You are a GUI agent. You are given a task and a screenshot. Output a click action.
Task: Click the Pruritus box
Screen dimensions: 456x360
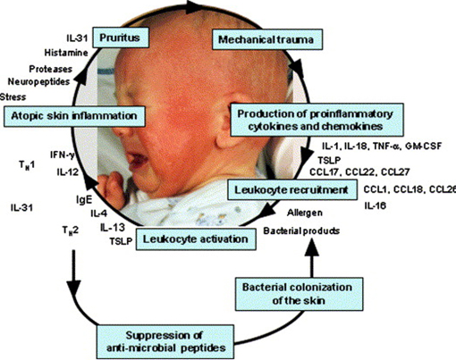pos(121,38)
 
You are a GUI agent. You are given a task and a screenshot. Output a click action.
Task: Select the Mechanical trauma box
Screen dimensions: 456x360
pos(267,39)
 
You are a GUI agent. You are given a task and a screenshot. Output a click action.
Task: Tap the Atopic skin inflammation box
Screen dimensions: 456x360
pos(74,116)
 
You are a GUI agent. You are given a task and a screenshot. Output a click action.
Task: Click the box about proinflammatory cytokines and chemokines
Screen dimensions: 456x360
pos(317,120)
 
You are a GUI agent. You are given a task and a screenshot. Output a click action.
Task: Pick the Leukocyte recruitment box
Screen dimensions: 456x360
pos(292,189)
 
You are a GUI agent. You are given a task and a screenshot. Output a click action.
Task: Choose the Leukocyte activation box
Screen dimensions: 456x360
pos(196,239)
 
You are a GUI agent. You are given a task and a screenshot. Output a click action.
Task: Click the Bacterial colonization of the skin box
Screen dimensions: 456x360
pos(299,294)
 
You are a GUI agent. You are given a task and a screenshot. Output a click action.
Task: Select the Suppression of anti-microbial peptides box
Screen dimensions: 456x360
pos(165,341)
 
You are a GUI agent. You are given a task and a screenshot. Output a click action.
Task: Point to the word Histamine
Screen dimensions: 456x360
pos(66,53)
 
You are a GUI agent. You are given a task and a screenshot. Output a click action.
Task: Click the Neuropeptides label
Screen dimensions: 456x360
pos(38,81)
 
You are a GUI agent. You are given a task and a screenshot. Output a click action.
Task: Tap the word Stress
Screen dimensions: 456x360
pos(13,97)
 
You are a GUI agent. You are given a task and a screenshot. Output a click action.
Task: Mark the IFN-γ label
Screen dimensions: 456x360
pos(63,155)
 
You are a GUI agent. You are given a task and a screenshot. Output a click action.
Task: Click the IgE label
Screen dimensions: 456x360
pos(84,200)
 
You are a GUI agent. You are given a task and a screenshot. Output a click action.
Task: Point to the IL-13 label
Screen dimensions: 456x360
pos(113,228)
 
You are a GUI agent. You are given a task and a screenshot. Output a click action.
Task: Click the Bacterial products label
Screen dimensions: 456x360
pos(301,230)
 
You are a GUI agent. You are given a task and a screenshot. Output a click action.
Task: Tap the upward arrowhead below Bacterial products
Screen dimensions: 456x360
pos(312,247)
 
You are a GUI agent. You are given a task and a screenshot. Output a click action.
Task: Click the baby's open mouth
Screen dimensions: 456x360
pos(138,161)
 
